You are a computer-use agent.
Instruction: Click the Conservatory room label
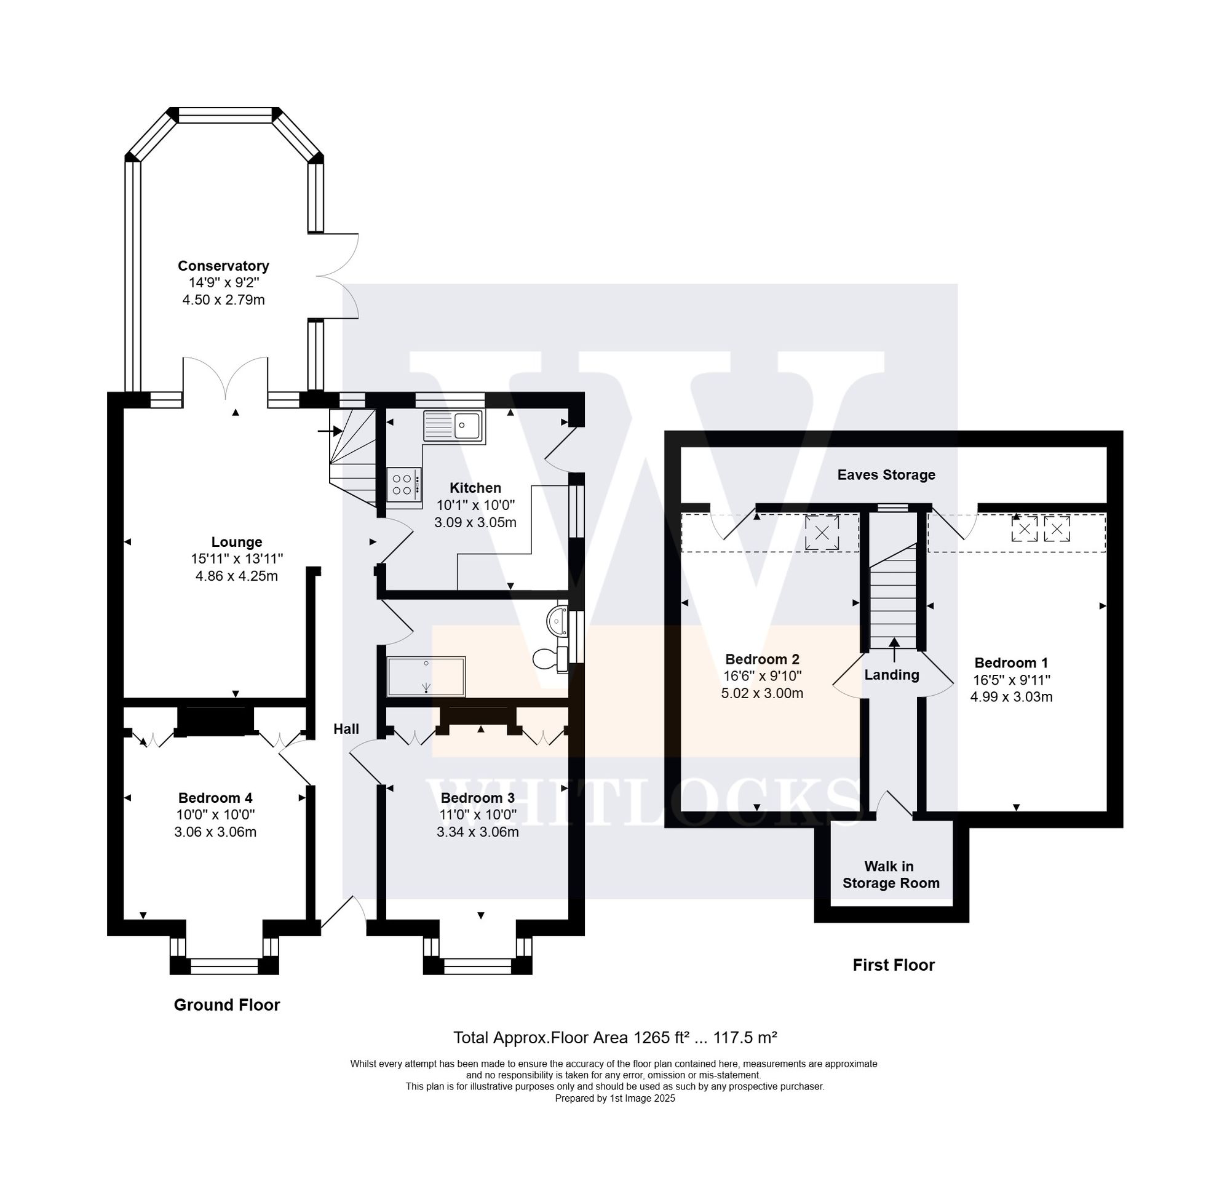223,266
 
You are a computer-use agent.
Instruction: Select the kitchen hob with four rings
403,485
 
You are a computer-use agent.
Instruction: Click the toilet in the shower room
549,659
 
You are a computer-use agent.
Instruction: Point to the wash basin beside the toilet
557,621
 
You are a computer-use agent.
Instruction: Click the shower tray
426,676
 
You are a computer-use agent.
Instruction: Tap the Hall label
346,729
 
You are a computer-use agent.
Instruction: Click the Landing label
891,675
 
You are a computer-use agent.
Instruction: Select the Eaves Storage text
886,475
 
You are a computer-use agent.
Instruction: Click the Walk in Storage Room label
891,875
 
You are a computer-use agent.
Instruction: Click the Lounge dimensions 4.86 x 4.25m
237,576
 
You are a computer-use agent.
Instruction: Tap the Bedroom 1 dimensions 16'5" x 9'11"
1011,679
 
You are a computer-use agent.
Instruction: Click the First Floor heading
893,965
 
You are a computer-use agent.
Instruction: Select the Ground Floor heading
226,1005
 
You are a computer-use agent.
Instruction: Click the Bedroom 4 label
215,797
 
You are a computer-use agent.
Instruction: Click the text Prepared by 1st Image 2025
614,1098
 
